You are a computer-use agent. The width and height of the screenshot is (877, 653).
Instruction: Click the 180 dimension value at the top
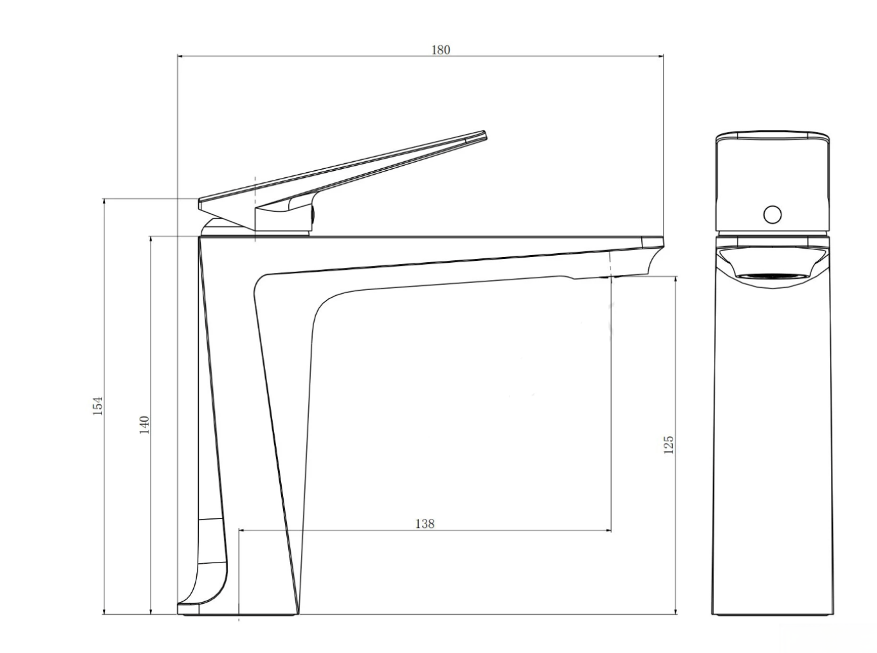440,50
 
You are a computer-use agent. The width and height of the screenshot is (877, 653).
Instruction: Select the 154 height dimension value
98,406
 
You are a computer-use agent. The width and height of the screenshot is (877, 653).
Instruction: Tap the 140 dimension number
144,425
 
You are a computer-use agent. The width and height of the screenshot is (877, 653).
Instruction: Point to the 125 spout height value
668,445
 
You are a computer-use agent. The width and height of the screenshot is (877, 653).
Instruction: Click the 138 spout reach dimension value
424,524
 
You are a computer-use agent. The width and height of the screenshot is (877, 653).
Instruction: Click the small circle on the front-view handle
772,214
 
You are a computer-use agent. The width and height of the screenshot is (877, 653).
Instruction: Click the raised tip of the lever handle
485,135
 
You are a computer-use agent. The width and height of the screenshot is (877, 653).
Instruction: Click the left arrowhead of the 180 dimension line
180,56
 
